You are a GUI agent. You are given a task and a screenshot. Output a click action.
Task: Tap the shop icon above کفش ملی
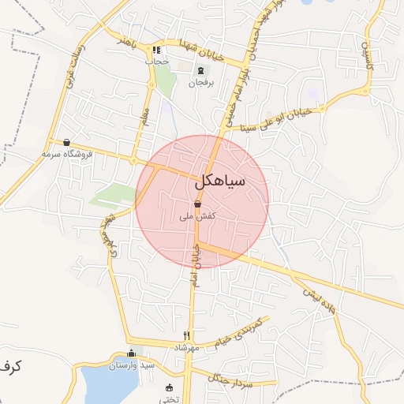point(196,204)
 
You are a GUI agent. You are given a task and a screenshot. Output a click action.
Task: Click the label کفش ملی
point(198,215)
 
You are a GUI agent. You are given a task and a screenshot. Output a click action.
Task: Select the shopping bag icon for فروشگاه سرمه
point(66,143)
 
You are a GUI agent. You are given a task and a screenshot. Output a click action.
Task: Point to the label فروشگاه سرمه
point(68,154)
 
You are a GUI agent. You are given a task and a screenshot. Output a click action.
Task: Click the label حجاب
point(157,61)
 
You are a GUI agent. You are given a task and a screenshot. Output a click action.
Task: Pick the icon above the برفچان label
point(200,70)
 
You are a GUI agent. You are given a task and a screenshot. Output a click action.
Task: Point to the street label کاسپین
point(365,55)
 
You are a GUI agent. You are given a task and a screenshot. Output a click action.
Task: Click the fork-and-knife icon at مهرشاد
point(187,335)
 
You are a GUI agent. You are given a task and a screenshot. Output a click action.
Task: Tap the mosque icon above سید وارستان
point(131,353)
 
